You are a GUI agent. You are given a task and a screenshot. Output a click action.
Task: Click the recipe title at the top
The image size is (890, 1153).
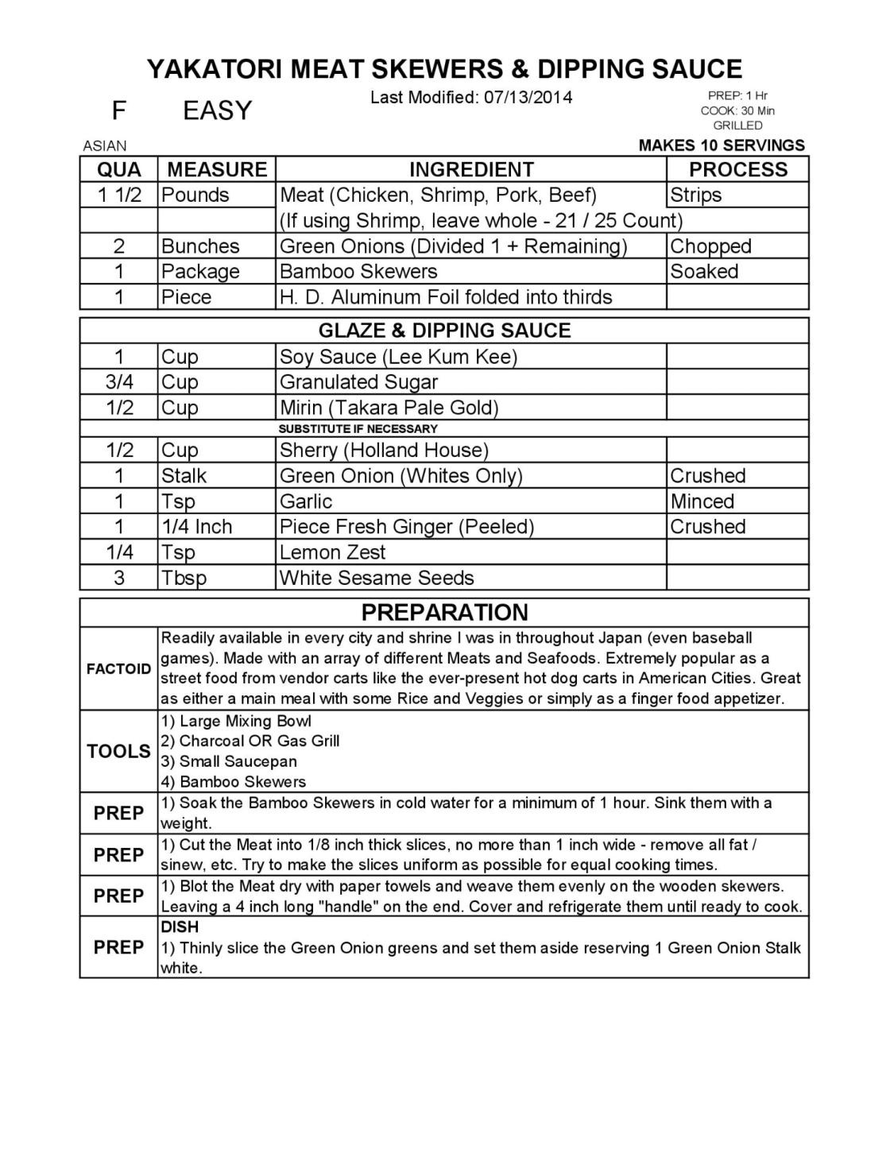point(444,69)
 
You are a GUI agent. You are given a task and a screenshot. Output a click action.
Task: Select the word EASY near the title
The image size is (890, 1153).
point(217,110)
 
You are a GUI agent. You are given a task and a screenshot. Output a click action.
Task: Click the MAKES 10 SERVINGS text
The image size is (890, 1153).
point(722,145)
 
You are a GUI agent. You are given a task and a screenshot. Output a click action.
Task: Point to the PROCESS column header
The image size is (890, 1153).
point(737,169)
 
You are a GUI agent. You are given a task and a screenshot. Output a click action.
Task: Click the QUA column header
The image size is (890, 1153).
point(119,169)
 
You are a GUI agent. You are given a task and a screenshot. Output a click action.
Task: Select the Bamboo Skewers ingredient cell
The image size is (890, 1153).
point(358,272)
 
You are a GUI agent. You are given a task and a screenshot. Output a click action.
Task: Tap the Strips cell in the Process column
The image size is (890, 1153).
point(696,195)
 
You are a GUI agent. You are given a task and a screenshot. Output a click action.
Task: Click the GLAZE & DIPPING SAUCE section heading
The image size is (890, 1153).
point(444,331)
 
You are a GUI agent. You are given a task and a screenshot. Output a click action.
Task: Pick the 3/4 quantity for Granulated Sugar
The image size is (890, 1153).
point(119,382)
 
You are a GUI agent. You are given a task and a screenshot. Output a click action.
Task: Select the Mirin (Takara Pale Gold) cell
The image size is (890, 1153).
point(389,408)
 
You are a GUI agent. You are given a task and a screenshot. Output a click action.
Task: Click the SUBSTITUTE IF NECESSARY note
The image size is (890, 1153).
point(358,429)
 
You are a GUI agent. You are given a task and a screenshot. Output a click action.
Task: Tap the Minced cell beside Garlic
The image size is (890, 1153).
point(702,501)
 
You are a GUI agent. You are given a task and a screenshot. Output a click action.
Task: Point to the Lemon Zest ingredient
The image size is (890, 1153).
point(333,552)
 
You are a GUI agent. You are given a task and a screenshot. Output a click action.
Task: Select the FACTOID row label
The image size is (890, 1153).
point(118,669)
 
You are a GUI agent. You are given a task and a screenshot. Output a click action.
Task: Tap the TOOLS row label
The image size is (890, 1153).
point(118,752)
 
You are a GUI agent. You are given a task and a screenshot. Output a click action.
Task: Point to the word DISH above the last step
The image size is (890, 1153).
point(180,927)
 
